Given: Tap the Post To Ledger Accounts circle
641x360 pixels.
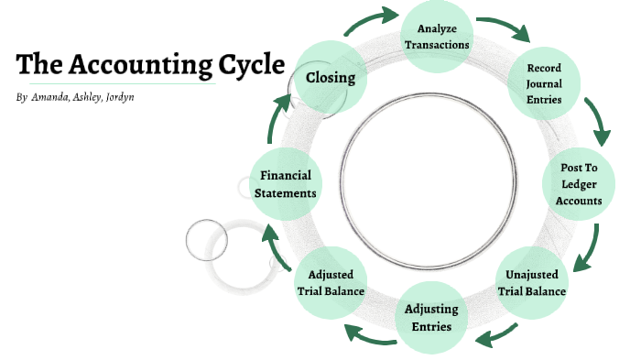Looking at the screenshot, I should tap(581, 185).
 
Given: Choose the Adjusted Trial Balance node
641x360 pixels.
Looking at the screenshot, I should tap(331, 282).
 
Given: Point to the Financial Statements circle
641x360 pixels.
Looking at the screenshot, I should tap(287, 184).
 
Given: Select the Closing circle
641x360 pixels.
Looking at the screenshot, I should tap(331, 78).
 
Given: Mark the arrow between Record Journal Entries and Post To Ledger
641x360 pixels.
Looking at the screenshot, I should tap(600, 127).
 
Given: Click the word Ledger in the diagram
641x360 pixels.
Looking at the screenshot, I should tap(581, 185).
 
